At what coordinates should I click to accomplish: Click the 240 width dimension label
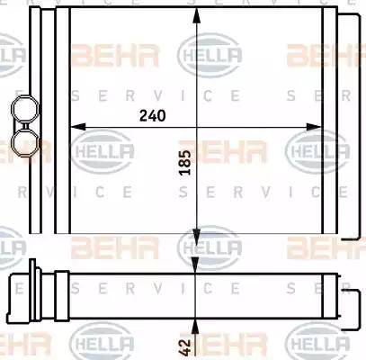click(152, 116)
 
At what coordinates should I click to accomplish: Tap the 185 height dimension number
click(185, 162)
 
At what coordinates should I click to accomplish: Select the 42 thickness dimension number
click(185, 347)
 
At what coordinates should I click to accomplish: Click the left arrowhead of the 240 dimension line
click(77, 127)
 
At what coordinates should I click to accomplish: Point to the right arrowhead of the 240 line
click(314, 127)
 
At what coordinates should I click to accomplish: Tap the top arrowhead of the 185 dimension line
click(196, 15)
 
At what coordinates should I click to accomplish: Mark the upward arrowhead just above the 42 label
click(195, 326)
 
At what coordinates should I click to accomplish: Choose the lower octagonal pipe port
click(25, 142)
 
